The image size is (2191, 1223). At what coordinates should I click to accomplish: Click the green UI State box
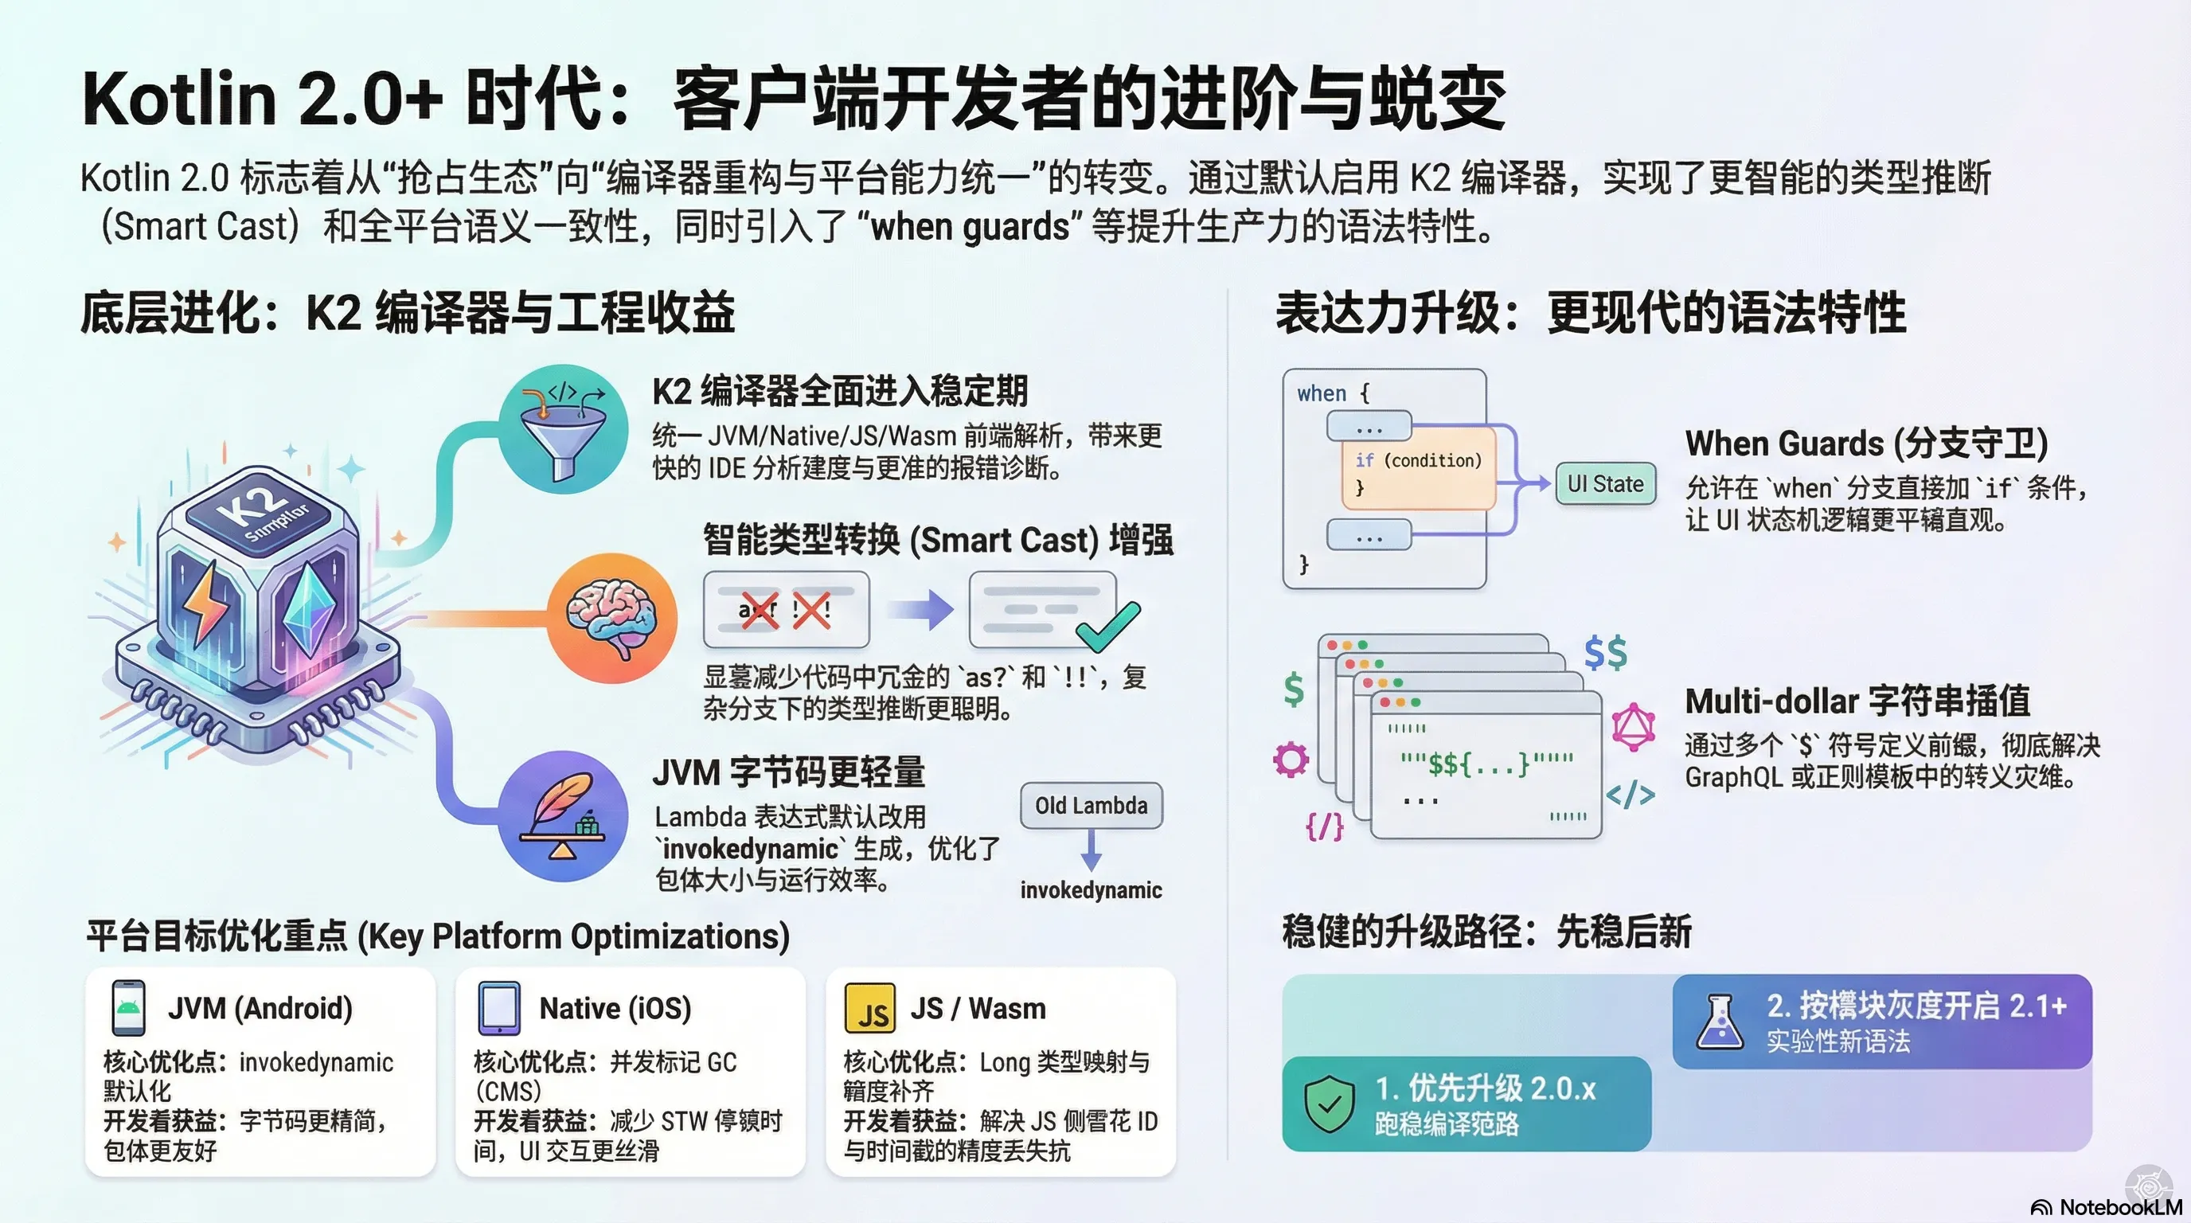[x=1605, y=484]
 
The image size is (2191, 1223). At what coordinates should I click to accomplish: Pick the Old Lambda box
[x=1092, y=806]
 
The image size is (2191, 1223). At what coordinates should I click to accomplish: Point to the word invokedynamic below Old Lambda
[x=1092, y=889]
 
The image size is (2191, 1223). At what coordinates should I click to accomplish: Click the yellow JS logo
[x=869, y=1009]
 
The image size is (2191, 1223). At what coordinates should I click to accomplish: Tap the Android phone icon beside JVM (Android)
[x=128, y=1008]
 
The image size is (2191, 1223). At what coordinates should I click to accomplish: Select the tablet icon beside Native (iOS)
[x=499, y=1008]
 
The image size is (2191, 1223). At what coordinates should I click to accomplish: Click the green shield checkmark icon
[x=1330, y=1103]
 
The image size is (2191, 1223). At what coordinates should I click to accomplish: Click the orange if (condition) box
[x=1418, y=471]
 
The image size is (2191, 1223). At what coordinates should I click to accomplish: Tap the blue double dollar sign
[x=1606, y=653]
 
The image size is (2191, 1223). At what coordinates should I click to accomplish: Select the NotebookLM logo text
[x=2118, y=1207]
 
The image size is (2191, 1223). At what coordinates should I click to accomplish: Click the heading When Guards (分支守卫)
[x=1866, y=444]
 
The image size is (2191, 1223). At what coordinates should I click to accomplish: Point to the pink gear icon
[x=1291, y=760]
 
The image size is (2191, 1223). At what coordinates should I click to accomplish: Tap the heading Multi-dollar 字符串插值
[x=1857, y=701]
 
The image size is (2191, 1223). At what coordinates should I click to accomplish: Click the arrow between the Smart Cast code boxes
[x=920, y=610]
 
